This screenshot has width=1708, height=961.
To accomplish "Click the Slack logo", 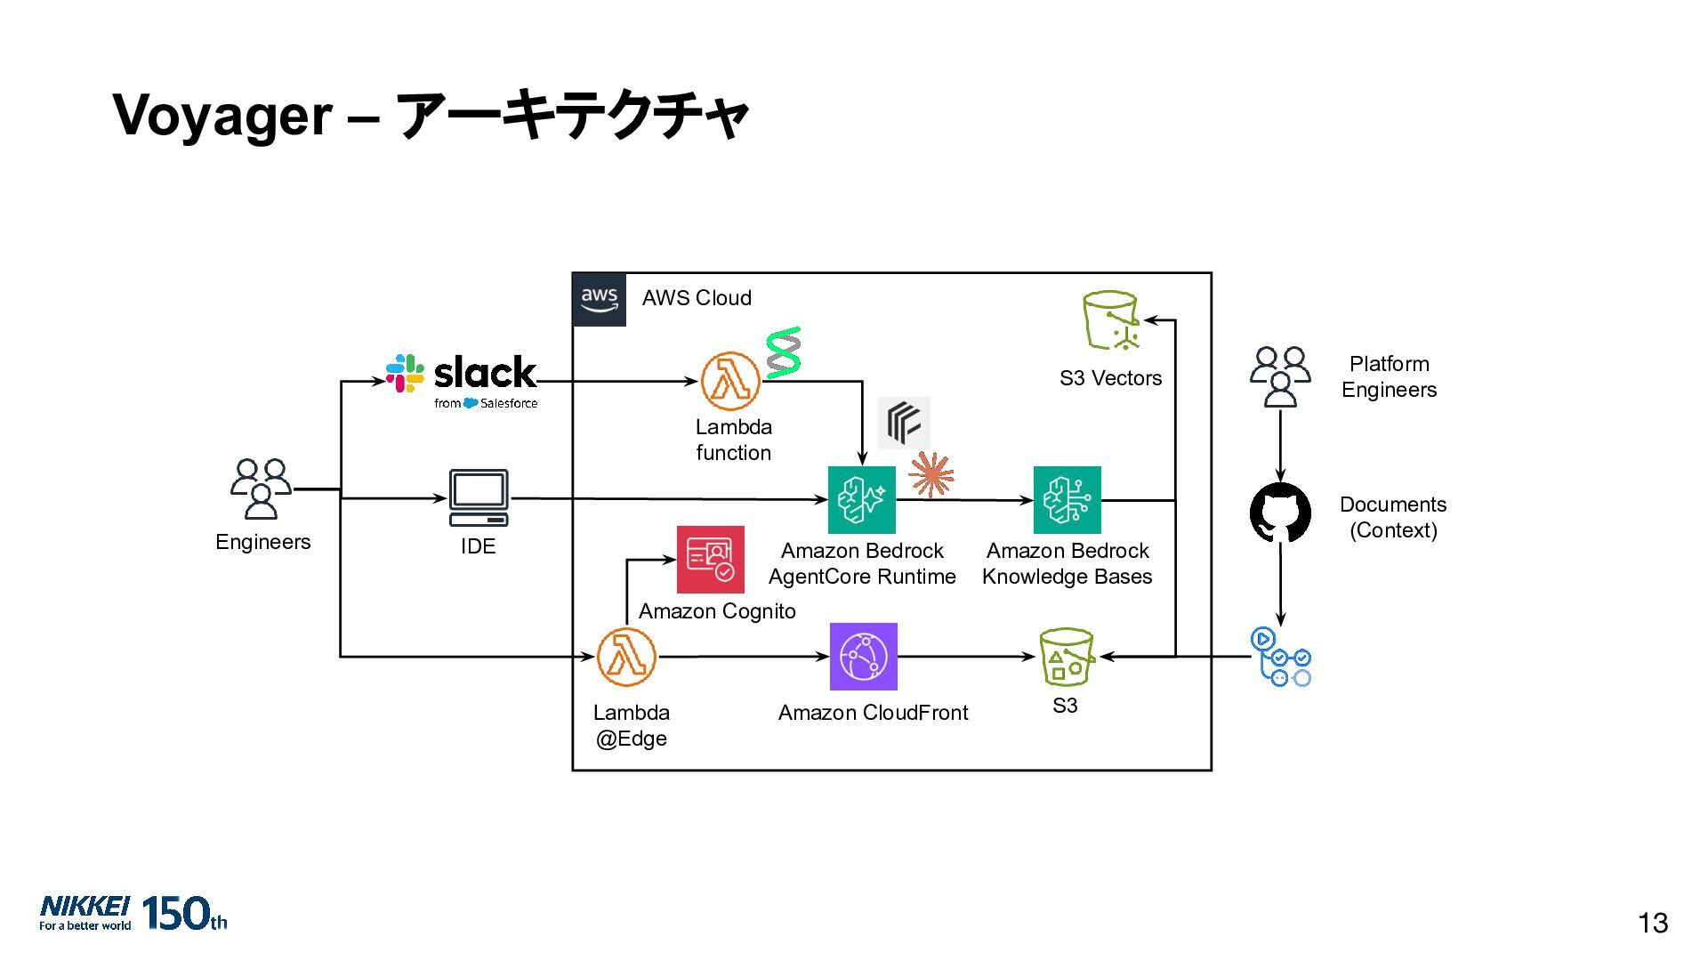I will pos(462,381).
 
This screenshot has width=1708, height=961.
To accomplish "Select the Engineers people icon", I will pos(261,489).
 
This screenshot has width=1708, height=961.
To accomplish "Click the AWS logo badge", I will pos(600,300).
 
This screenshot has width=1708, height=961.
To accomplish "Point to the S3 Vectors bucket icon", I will pos(1111,321).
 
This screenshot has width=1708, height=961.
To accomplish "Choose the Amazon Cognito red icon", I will pos(710,559).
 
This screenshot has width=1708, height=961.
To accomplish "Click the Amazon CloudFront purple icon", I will pos(863,657).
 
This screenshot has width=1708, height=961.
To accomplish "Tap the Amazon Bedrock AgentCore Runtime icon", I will pos(861,500).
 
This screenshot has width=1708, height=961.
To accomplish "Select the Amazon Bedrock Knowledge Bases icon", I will pos(1067,500).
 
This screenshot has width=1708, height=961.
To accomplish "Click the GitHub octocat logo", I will pos(1280,513).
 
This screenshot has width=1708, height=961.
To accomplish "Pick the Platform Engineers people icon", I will pos(1280,376).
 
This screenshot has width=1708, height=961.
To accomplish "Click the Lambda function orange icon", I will pos(730,381).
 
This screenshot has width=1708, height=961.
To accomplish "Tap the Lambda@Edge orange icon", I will pos(626,657).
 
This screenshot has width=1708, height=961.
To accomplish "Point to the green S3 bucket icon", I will pos(1066,657).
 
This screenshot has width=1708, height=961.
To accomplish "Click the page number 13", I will pos(1653,924).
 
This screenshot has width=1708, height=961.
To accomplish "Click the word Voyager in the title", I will pos(222,116).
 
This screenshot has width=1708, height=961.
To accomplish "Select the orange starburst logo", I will pos(931,474).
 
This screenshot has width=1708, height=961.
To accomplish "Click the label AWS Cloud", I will pos(697,298).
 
